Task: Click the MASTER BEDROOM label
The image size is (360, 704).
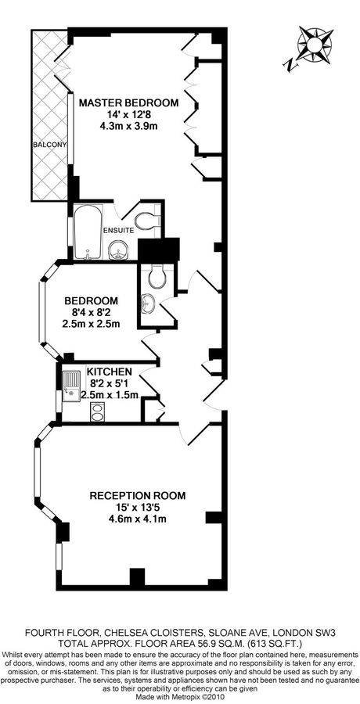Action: pos(128,102)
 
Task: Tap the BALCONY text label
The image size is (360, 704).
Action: pos(49,145)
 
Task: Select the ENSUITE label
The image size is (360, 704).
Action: pos(119,230)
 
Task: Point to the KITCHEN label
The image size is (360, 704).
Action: pos(110,372)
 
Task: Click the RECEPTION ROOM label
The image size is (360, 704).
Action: pos(138,496)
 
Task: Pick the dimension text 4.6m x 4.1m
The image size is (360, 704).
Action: pos(138,519)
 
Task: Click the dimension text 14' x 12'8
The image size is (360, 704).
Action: pos(128,114)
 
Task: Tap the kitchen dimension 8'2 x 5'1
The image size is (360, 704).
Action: pos(110,383)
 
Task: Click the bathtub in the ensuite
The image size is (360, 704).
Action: pos(88,232)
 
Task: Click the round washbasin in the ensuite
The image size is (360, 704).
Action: pos(119,250)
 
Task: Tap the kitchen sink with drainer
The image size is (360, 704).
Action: pos(71,386)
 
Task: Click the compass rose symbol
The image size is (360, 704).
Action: pos(315,44)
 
